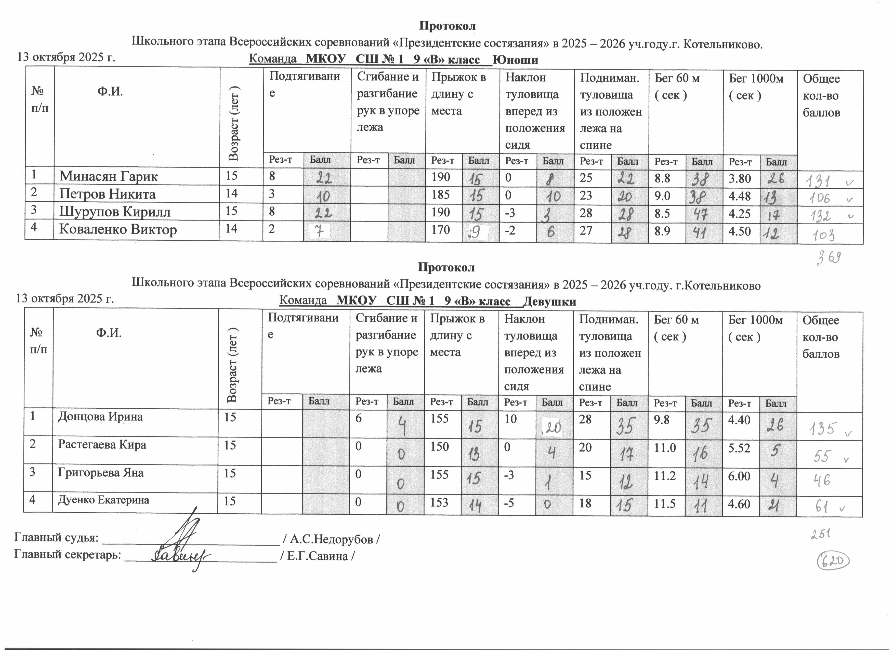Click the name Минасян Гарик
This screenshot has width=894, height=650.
click(108, 177)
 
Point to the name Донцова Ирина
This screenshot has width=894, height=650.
click(100, 417)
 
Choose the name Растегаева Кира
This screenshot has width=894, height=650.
click(102, 445)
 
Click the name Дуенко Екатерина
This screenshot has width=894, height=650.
click(104, 500)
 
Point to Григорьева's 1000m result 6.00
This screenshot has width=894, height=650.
click(739, 476)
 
